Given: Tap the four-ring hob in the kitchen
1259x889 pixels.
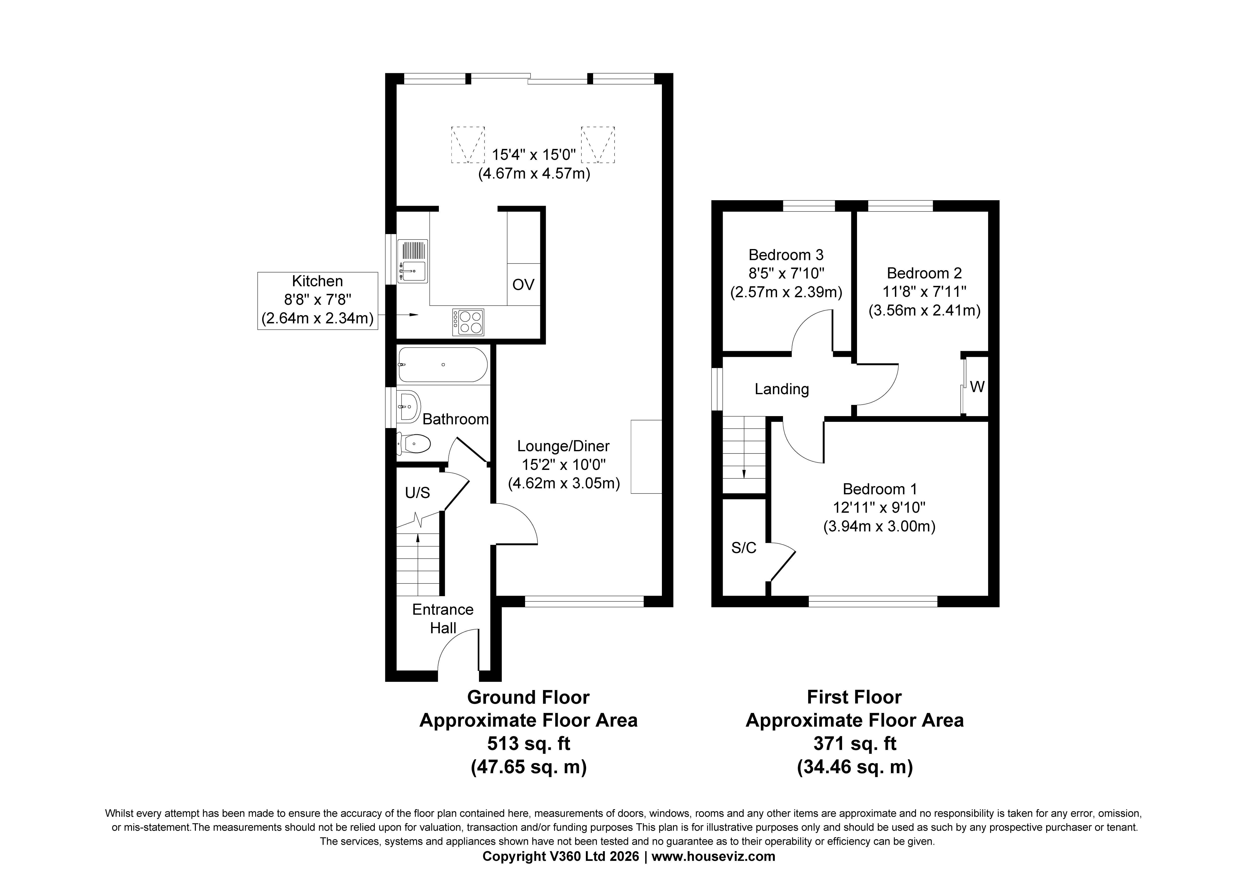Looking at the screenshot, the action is (468, 322).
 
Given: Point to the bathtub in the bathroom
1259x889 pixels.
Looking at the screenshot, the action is (443, 365).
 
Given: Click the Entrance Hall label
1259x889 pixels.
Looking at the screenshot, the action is (443, 618).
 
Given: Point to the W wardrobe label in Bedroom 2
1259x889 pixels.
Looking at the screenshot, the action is (977, 387).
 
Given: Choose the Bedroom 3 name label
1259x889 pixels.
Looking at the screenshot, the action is (786, 255).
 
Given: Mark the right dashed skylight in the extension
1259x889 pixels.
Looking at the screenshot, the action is (598, 145).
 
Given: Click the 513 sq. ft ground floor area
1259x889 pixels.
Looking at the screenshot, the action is (529, 744).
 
